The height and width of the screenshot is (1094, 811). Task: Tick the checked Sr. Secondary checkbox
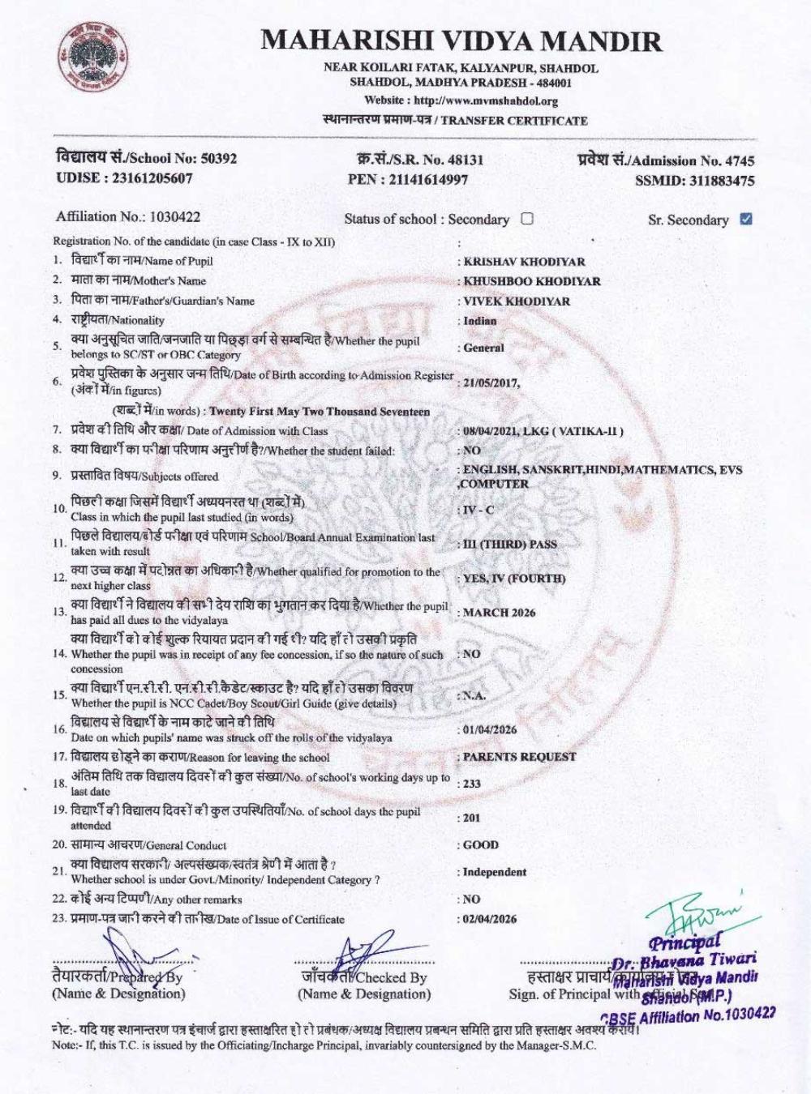[x=746, y=219]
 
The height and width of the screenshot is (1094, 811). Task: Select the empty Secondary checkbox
[x=527, y=218]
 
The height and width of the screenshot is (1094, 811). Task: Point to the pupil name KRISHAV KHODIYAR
[x=524, y=262]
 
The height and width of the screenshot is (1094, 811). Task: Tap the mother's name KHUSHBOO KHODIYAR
[x=532, y=281]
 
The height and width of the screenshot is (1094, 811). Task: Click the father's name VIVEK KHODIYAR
[x=517, y=301]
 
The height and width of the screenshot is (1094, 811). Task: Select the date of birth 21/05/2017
[x=491, y=382]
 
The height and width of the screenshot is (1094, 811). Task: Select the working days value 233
[x=472, y=784]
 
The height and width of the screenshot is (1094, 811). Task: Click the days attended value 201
[x=471, y=818]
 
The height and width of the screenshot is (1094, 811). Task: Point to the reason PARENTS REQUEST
[x=519, y=757]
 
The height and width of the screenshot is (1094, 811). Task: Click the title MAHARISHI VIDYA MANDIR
[x=461, y=41]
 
